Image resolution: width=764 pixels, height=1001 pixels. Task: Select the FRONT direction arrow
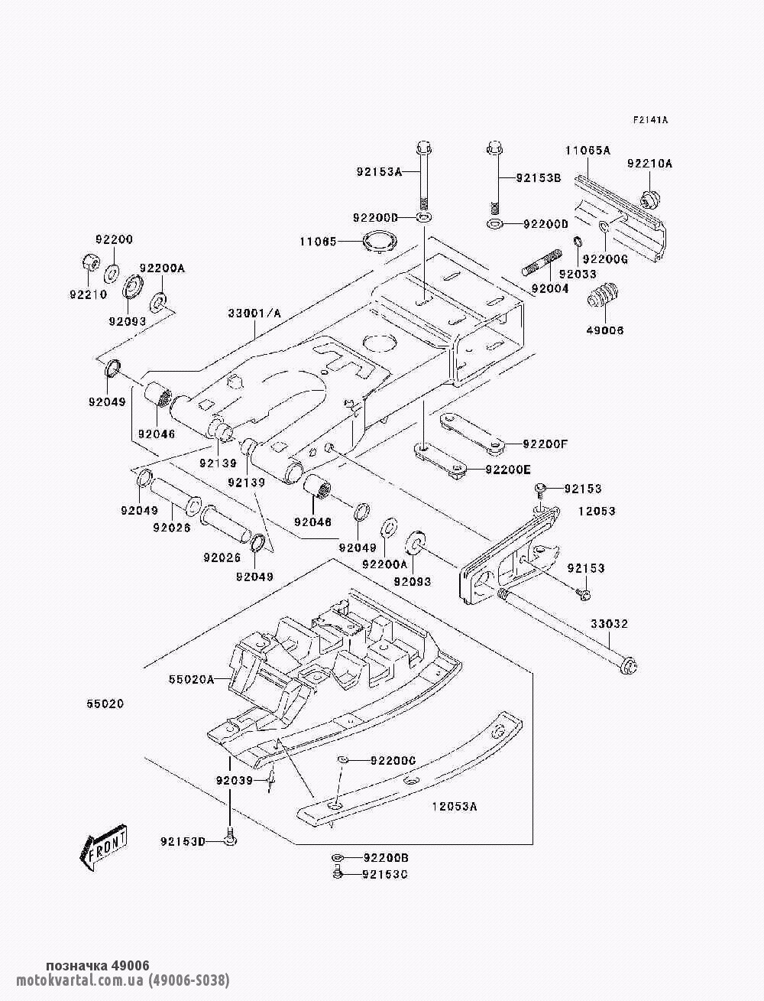click(102, 847)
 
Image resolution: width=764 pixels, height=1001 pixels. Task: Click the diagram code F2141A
click(650, 120)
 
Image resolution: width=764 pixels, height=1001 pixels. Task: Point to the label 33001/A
click(254, 314)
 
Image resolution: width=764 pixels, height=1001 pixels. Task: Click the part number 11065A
click(588, 151)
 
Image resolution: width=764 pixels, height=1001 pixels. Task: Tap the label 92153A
click(378, 171)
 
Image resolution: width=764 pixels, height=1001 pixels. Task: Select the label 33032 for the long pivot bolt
click(608, 625)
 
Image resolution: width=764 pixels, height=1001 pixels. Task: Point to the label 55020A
click(191, 678)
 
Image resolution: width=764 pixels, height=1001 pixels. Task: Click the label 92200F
click(545, 444)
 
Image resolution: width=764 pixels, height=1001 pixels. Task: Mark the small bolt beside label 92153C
click(336, 873)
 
